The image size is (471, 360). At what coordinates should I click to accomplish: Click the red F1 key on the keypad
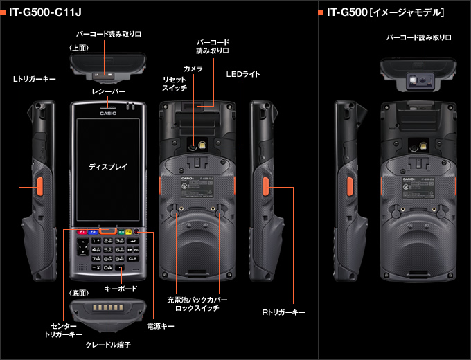tap(81, 231)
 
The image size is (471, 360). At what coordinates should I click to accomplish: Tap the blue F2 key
tap(93, 231)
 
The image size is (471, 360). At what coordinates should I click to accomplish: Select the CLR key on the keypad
tap(132, 258)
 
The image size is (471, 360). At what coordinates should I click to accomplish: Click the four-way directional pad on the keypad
tap(82, 248)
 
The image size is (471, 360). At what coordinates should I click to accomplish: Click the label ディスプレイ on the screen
tap(108, 168)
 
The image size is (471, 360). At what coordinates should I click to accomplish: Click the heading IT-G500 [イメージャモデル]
tap(385, 12)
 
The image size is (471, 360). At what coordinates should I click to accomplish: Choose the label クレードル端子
tap(107, 344)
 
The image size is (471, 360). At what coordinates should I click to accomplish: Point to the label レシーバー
tap(108, 91)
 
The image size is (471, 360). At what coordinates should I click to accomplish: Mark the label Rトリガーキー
tap(283, 313)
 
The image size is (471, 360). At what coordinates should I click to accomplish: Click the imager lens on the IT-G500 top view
tap(414, 80)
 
